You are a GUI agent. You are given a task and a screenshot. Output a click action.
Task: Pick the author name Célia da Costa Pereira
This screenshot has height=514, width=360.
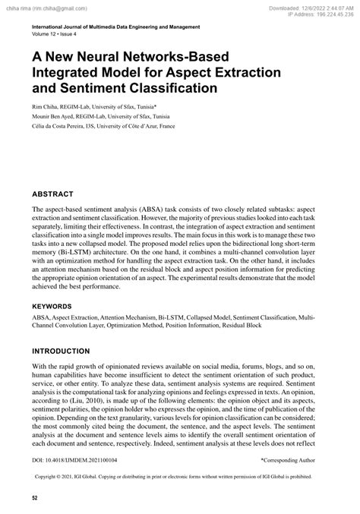67,126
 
